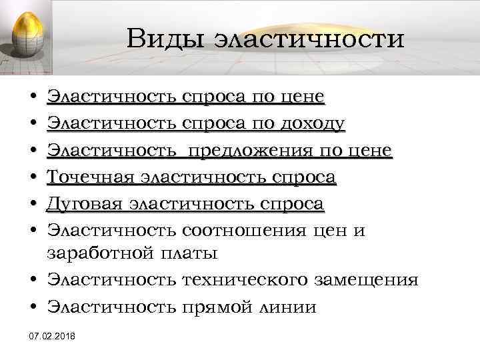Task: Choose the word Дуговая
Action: tap(85, 204)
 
